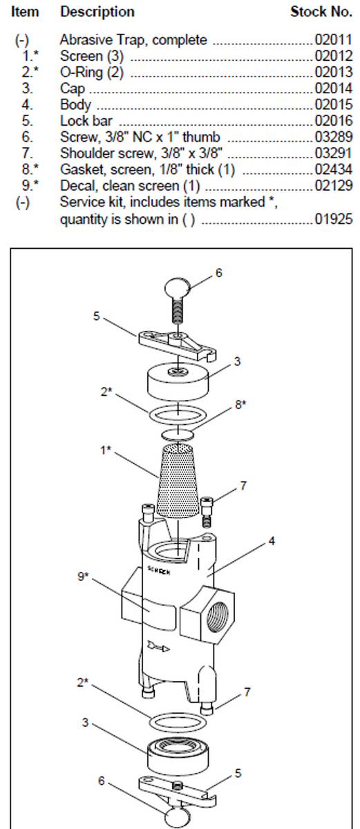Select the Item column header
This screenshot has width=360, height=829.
pyautogui.click(x=26, y=12)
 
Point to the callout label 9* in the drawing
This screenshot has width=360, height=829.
pyautogui.click(x=83, y=576)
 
